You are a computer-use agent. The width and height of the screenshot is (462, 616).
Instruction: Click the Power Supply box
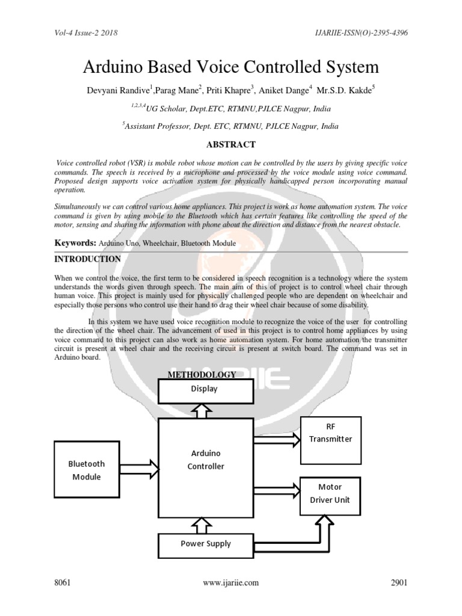(x=206, y=544)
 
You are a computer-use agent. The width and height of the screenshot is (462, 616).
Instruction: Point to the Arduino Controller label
(x=206, y=460)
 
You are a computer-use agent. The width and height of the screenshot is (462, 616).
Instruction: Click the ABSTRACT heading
(x=231, y=144)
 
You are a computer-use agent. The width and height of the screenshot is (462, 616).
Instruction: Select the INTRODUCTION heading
(x=88, y=259)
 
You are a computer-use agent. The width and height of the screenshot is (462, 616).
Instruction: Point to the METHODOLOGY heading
(x=202, y=375)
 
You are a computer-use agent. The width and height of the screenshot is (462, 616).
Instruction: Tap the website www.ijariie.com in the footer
(x=231, y=582)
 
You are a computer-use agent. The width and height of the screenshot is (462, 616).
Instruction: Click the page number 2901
(x=398, y=582)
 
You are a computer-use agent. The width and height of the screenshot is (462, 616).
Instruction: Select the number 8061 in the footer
(x=63, y=582)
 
